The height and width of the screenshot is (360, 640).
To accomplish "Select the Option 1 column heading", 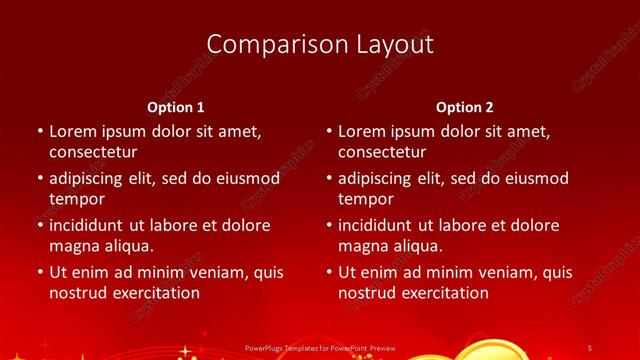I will tap(176, 107).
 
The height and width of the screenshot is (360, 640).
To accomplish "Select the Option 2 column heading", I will tap(465, 107).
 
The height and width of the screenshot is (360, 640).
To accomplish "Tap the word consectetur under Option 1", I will tap(93, 153).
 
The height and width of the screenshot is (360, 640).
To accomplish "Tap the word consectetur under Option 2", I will tap(382, 153).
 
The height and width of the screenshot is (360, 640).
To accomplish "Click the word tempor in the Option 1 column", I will tap(77, 199).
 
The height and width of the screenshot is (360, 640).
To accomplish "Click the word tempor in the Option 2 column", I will tap(366, 199).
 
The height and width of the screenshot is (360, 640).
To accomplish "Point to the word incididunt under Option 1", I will tap(94, 225).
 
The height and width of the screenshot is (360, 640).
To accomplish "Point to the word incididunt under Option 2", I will tap(383, 225).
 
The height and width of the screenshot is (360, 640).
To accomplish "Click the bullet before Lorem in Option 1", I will tap(39, 132).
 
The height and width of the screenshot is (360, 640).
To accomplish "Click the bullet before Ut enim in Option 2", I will tap(328, 272).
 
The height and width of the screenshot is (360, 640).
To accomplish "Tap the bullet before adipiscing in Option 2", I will tap(328, 179).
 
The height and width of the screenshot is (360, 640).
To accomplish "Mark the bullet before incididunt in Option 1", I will tap(39, 225).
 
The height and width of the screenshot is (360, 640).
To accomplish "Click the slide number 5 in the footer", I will tap(589, 348).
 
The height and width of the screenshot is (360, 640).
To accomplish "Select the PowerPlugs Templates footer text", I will tap(319, 348).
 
